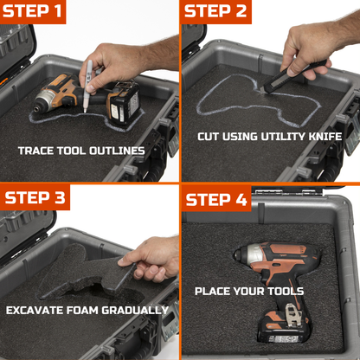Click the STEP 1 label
(32, 11)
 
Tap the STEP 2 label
(215, 11)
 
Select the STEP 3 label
(35, 197)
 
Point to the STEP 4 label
(216, 200)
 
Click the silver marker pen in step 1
(87, 86)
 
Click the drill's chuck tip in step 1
(36, 110)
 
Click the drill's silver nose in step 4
(248, 254)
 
